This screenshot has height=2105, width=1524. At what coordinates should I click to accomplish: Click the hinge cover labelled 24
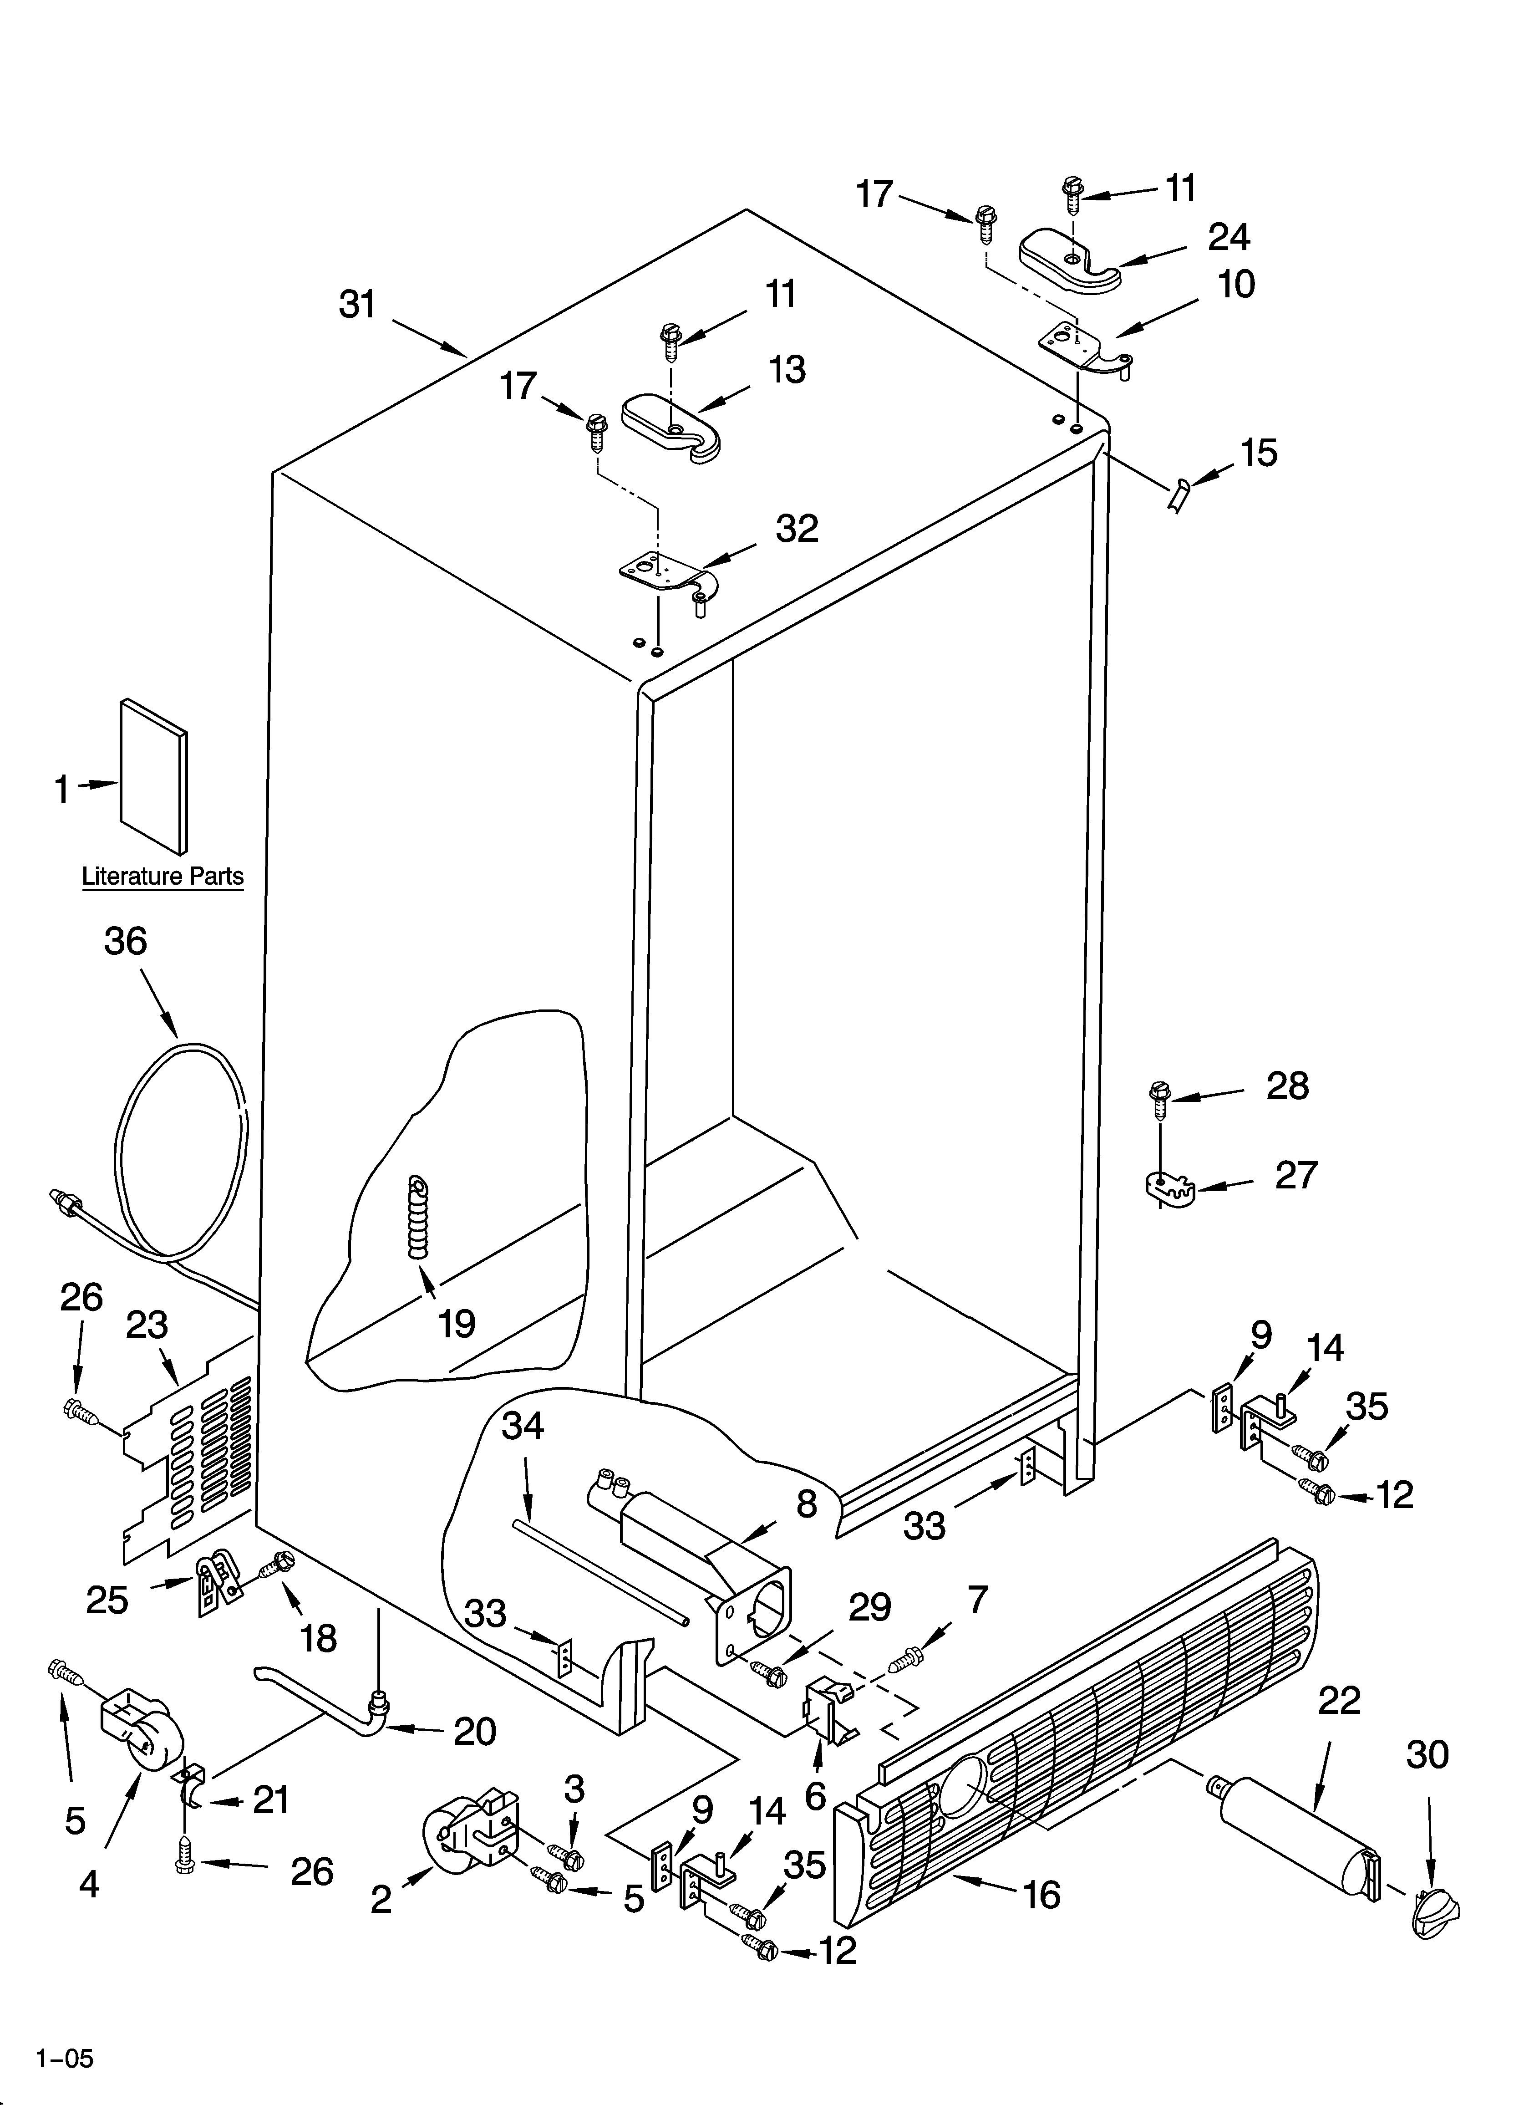1070,262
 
